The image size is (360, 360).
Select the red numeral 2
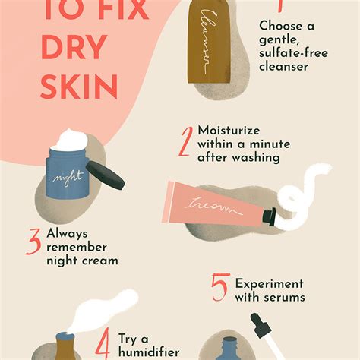185,140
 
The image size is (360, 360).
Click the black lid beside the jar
106,175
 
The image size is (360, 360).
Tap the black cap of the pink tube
269,217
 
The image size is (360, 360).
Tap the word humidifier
149,352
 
